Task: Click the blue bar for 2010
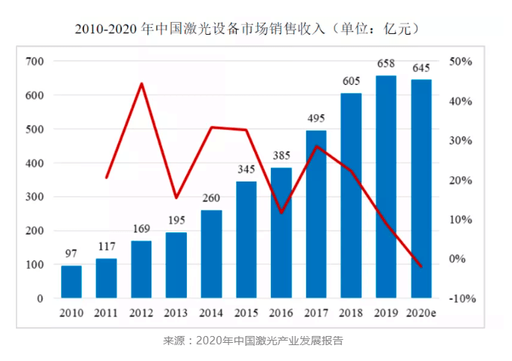click(71, 282)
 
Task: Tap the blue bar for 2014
click(211, 254)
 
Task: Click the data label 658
click(386, 65)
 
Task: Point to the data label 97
click(71, 255)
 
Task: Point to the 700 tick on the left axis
click(35, 61)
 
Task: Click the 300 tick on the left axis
click(35, 197)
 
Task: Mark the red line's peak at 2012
click(141, 83)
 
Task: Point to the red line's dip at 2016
click(281, 213)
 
